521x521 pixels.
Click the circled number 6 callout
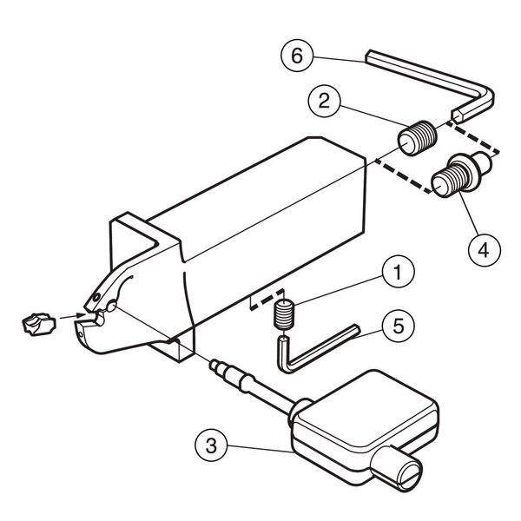pyautogui.click(x=297, y=56)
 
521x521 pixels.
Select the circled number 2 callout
pyautogui.click(x=324, y=101)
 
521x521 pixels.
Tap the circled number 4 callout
pyautogui.click(x=485, y=249)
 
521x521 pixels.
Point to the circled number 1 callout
pyautogui.click(x=398, y=272)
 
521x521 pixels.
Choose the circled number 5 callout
pyautogui.click(x=398, y=326)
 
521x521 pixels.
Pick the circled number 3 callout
pyautogui.click(x=211, y=445)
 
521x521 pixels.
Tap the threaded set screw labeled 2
pyautogui.click(x=418, y=137)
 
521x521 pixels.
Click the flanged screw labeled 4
pyautogui.click(x=460, y=174)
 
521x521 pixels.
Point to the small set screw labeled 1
pyautogui.click(x=283, y=314)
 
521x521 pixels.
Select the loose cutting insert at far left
pyautogui.click(x=38, y=324)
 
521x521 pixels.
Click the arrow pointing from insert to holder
pyautogui.click(x=72, y=316)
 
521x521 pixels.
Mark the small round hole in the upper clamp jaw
pyautogui.click(x=96, y=297)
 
